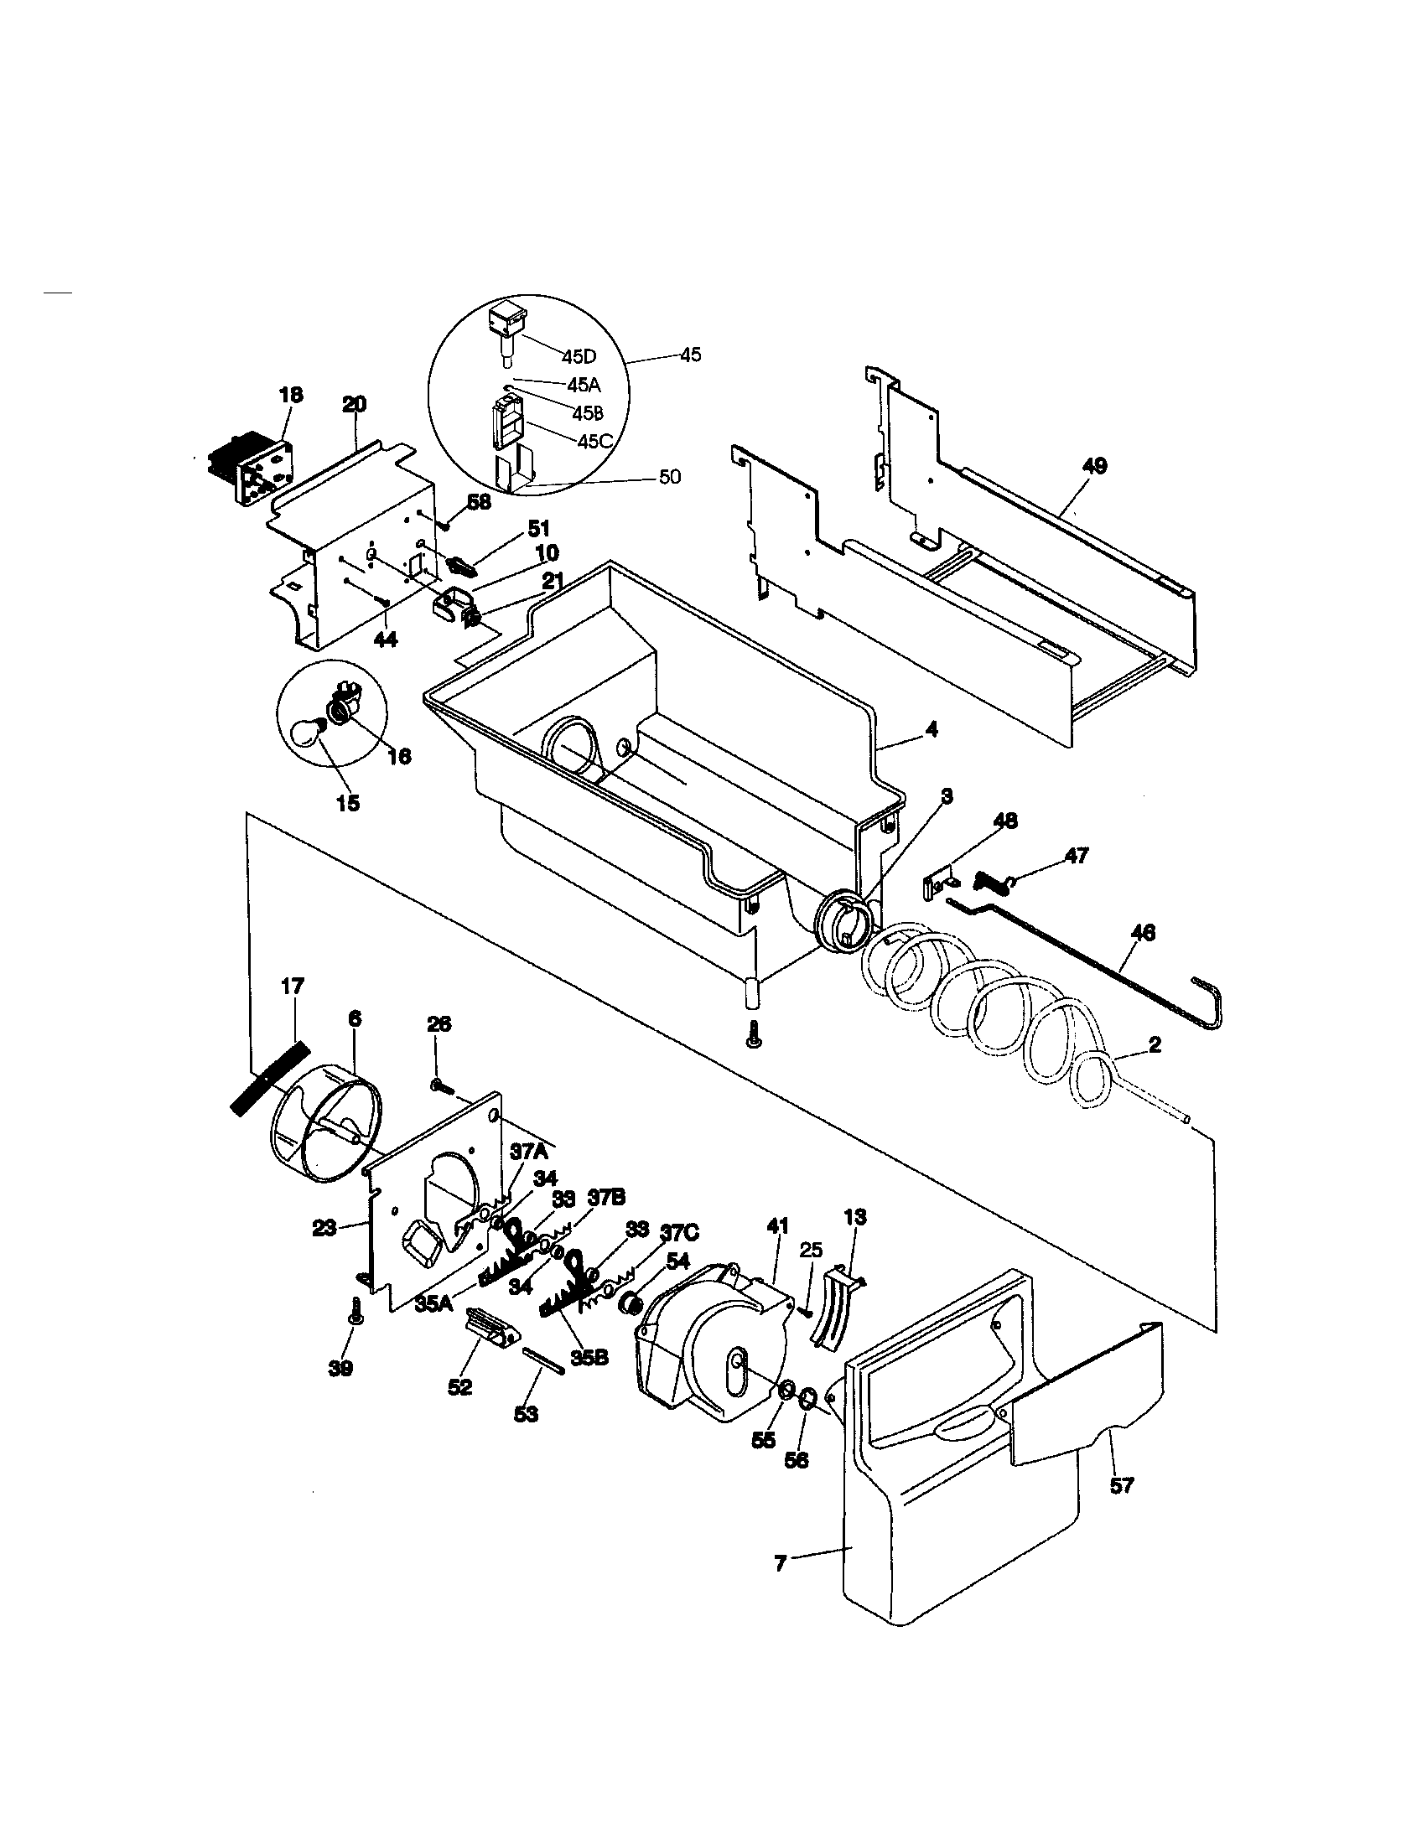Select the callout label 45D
coord(579,355)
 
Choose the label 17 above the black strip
coord(293,986)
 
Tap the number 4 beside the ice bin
coord(932,729)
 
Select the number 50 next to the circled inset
coord(669,478)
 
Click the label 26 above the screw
coord(439,1024)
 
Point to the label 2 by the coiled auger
coord(1155,1045)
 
